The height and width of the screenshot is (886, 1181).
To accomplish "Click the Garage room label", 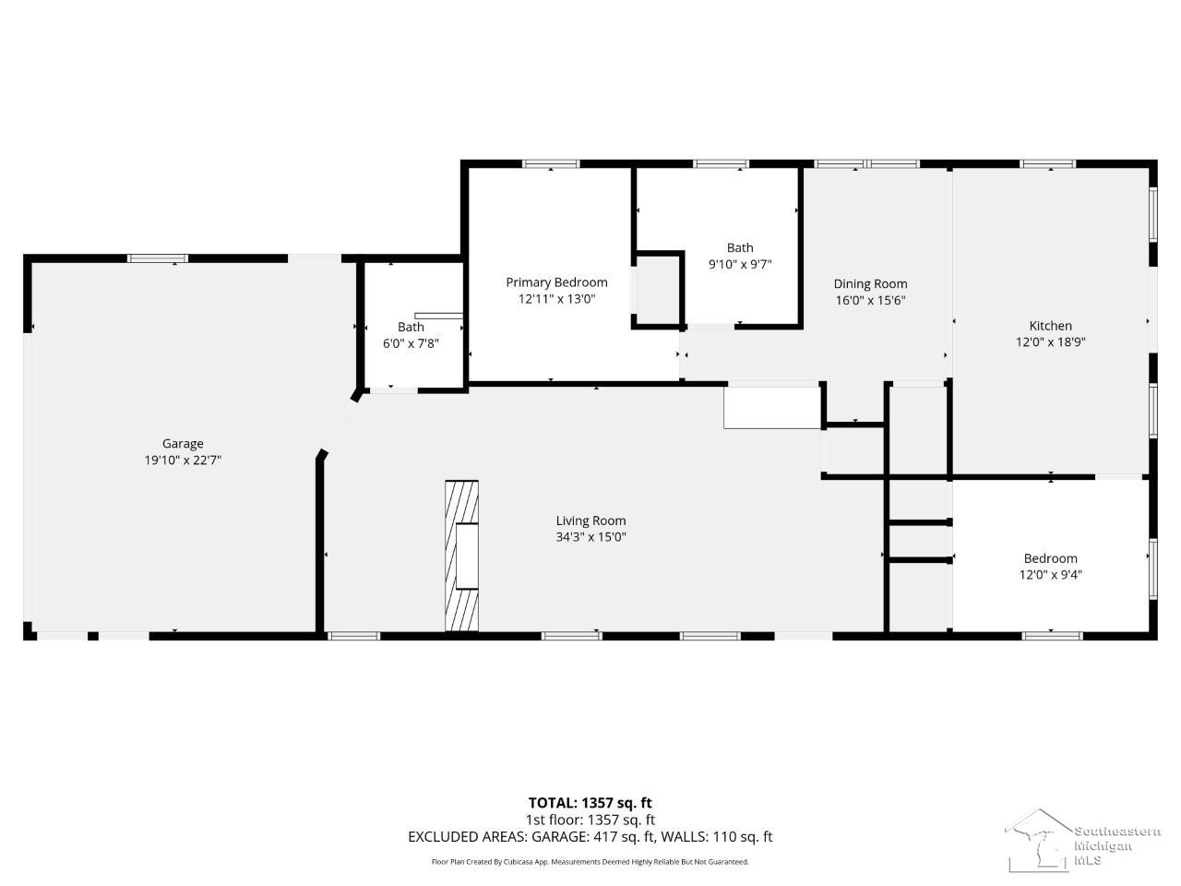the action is tap(183, 444).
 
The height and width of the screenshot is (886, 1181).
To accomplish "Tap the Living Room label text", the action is tap(590, 521).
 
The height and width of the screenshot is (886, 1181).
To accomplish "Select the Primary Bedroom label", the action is tap(556, 282).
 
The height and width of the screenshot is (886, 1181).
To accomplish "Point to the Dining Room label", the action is tap(870, 284).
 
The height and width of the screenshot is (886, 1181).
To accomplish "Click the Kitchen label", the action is tap(1050, 326).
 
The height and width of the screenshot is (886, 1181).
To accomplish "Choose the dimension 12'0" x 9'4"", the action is tap(1050, 575).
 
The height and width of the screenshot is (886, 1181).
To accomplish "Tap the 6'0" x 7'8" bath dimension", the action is tap(411, 343).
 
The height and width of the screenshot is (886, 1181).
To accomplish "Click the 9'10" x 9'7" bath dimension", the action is tap(740, 264).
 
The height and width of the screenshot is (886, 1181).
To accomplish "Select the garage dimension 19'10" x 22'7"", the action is tap(183, 460).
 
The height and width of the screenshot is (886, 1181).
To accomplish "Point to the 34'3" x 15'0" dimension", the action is tap(590, 537).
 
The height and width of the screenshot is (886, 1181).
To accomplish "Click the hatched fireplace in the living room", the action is tap(461, 556).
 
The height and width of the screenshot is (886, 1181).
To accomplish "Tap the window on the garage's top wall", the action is tap(158, 258).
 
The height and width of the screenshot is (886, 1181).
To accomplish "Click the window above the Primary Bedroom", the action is tap(552, 163).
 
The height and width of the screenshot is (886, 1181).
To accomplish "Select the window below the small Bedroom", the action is tap(1052, 636).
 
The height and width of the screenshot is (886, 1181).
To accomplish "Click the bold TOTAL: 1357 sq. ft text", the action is tap(590, 803).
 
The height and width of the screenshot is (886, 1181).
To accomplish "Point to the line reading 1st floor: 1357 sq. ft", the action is tap(590, 820).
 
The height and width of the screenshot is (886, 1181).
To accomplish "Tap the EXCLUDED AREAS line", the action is tap(590, 837).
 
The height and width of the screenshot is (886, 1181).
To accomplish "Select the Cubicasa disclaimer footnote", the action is tap(590, 862).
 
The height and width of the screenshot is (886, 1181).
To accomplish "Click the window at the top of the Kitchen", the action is tap(1047, 163).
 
